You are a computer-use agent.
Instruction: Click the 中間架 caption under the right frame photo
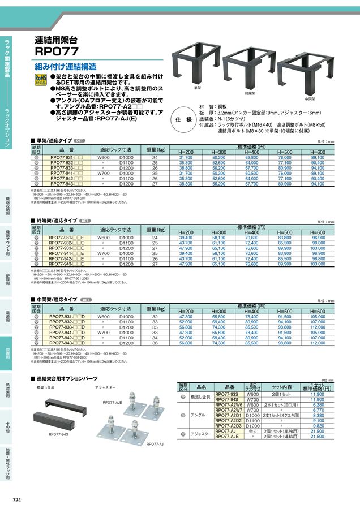310,98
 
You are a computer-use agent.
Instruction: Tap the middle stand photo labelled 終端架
248,67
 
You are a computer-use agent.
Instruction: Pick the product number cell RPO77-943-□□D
67,343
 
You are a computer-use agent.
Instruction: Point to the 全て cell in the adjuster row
252,431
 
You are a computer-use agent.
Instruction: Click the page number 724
18,499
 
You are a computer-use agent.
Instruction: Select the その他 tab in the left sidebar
7,428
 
